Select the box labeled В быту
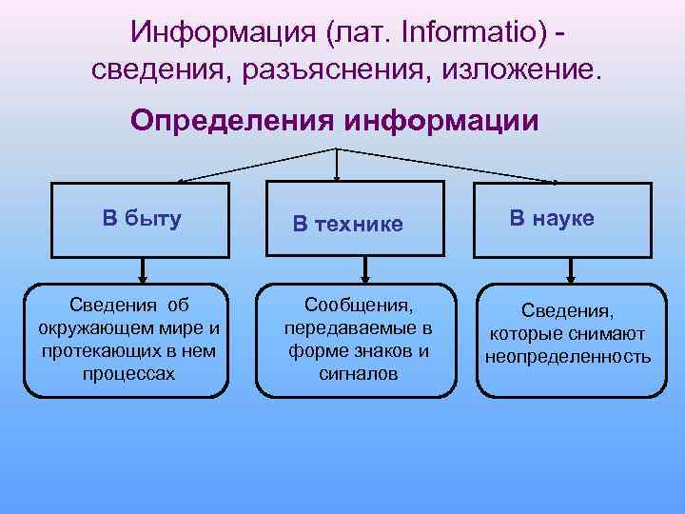[x=142, y=220]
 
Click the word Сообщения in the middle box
[x=359, y=306]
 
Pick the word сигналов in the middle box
[x=359, y=372]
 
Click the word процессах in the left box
[x=128, y=372]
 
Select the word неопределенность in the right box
[x=568, y=357]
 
